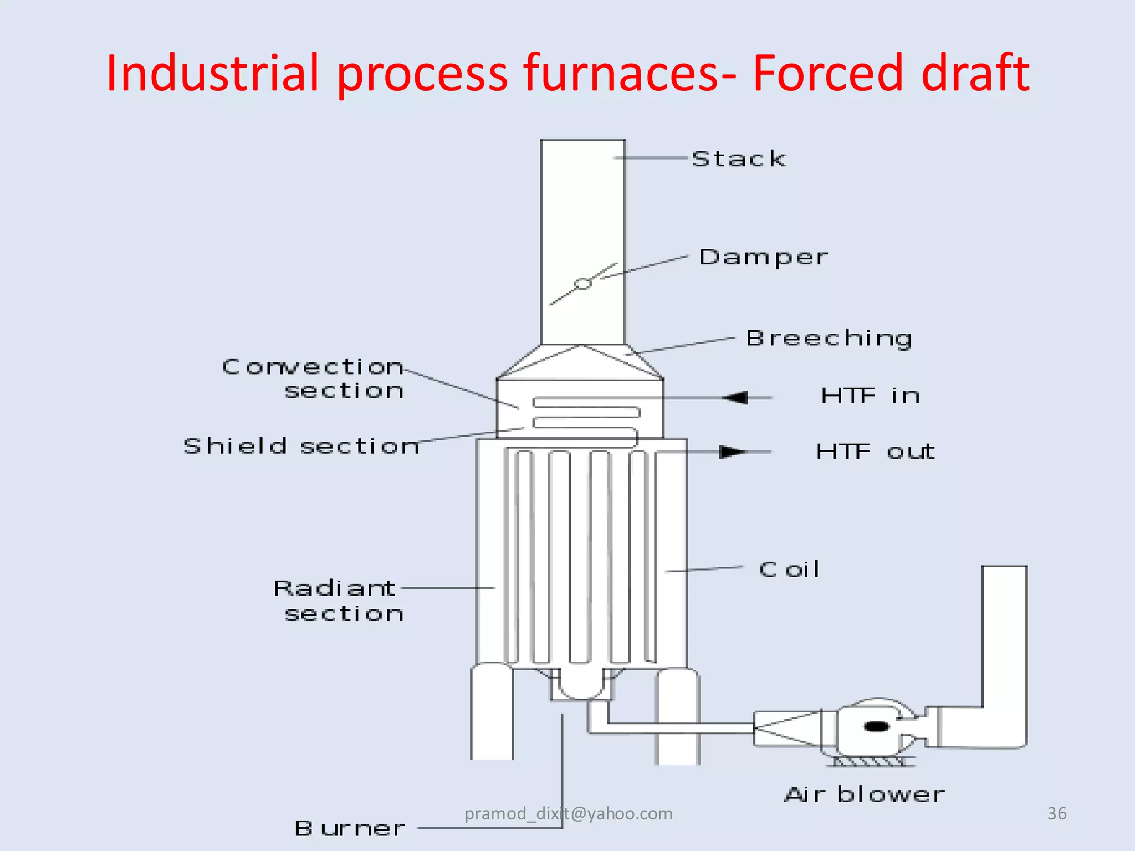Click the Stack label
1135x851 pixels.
[x=739, y=159]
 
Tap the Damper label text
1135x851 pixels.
[x=763, y=258]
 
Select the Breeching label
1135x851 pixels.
[x=829, y=339]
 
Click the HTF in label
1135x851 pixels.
[x=870, y=396]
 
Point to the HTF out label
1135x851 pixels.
[x=875, y=452]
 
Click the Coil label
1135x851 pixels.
[x=789, y=570]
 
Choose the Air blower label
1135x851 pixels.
[x=864, y=795]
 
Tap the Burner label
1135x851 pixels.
[x=349, y=829]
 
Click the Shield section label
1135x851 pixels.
[x=301, y=446]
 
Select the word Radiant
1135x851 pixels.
[x=334, y=588]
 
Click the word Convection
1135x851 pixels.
[x=313, y=367]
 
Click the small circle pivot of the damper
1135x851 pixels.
[x=582, y=284]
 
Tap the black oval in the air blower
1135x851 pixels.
[x=877, y=726]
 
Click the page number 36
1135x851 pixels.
[x=1056, y=813]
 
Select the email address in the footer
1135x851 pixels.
[x=568, y=813]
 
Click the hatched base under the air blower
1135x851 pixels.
[x=870, y=762]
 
